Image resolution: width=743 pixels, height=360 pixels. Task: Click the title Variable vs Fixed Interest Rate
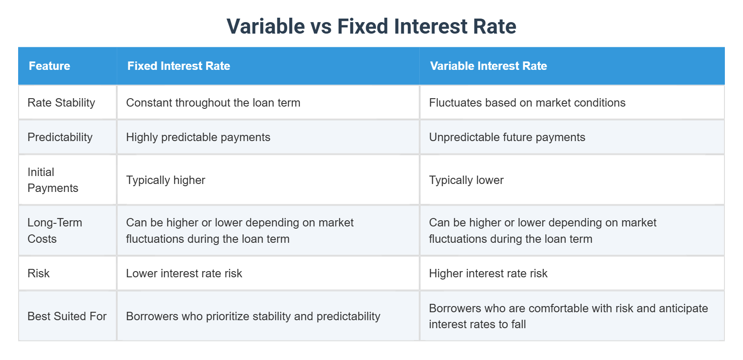tap(371, 26)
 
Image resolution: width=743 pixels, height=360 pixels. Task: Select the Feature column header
tap(50, 66)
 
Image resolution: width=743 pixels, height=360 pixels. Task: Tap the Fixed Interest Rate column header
tap(179, 66)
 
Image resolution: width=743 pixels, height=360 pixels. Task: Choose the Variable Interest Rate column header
tap(488, 66)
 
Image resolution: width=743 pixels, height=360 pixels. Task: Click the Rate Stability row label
tap(61, 103)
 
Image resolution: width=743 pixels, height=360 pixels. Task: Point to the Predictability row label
tap(60, 137)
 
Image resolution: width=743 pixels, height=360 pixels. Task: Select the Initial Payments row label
tap(53, 180)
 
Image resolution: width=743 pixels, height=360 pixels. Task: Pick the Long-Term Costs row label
tap(54, 230)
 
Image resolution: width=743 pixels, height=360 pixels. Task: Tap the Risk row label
tap(38, 273)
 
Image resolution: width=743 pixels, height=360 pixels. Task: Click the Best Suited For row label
tap(67, 316)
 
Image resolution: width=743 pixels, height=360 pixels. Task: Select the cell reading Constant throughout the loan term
tap(213, 103)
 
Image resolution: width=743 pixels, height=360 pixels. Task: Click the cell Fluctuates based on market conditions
tap(527, 103)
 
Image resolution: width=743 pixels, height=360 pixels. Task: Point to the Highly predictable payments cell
tap(198, 137)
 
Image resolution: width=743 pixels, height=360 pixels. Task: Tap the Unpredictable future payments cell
tap(507, 137)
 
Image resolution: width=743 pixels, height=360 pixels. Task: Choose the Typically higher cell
tap(165, 180)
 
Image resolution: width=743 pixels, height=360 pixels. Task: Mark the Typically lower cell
tap(466, 180)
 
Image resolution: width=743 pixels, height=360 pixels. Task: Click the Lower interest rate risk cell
tap(184, 273)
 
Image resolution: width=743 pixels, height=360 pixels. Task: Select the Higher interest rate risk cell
tap(488, 273)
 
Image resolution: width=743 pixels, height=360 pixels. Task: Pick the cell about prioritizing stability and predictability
tap(253, 316)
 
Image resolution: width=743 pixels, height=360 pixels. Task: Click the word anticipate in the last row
tap(683, 308)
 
